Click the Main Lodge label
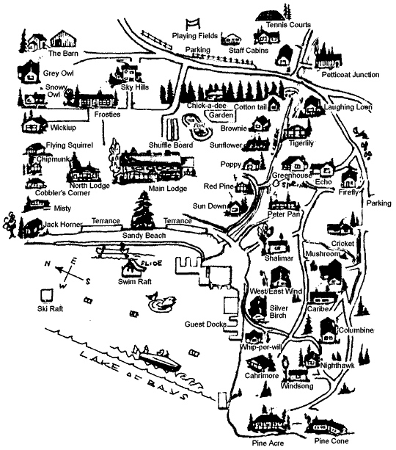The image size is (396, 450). point(168,189)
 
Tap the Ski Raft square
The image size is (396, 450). point(46,295)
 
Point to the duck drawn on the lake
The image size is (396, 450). point(161,301)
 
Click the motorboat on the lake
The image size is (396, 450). point(157,359)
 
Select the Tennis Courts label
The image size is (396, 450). point(288,25)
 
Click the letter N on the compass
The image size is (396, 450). point(48,263)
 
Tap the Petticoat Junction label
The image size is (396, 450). point(351,75)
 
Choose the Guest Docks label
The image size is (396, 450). point(205,324)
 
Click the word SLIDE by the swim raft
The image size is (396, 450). point(152,263)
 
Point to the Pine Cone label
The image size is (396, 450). point(331,440)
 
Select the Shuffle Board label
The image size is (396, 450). point(171,145)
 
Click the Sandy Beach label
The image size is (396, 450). point(144,236)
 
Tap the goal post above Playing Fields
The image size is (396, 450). point(192,24)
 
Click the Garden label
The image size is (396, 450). point(221,115)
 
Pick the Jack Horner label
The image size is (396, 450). point(63,224)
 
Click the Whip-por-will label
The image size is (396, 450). point(260,347)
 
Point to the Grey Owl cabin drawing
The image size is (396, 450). point(29,72)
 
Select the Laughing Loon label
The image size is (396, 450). point(348,107)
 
